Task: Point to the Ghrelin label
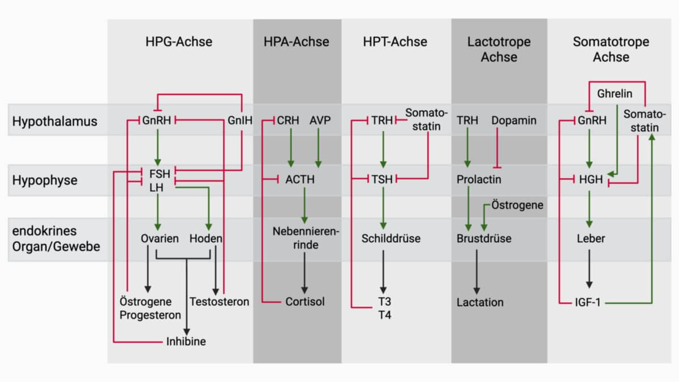(x=614, y=94)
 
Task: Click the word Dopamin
(x=514, y=121)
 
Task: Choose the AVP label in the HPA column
(x=320, y=121)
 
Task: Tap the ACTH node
(x=300, y=180)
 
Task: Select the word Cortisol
(x=305, y=302)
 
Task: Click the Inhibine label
(x=186, y=341)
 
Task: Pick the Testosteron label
(x=220, y=302)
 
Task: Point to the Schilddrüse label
(x=391, y=238)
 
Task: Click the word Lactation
(x=480, y=302)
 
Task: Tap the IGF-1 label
(x=588, y=303)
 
